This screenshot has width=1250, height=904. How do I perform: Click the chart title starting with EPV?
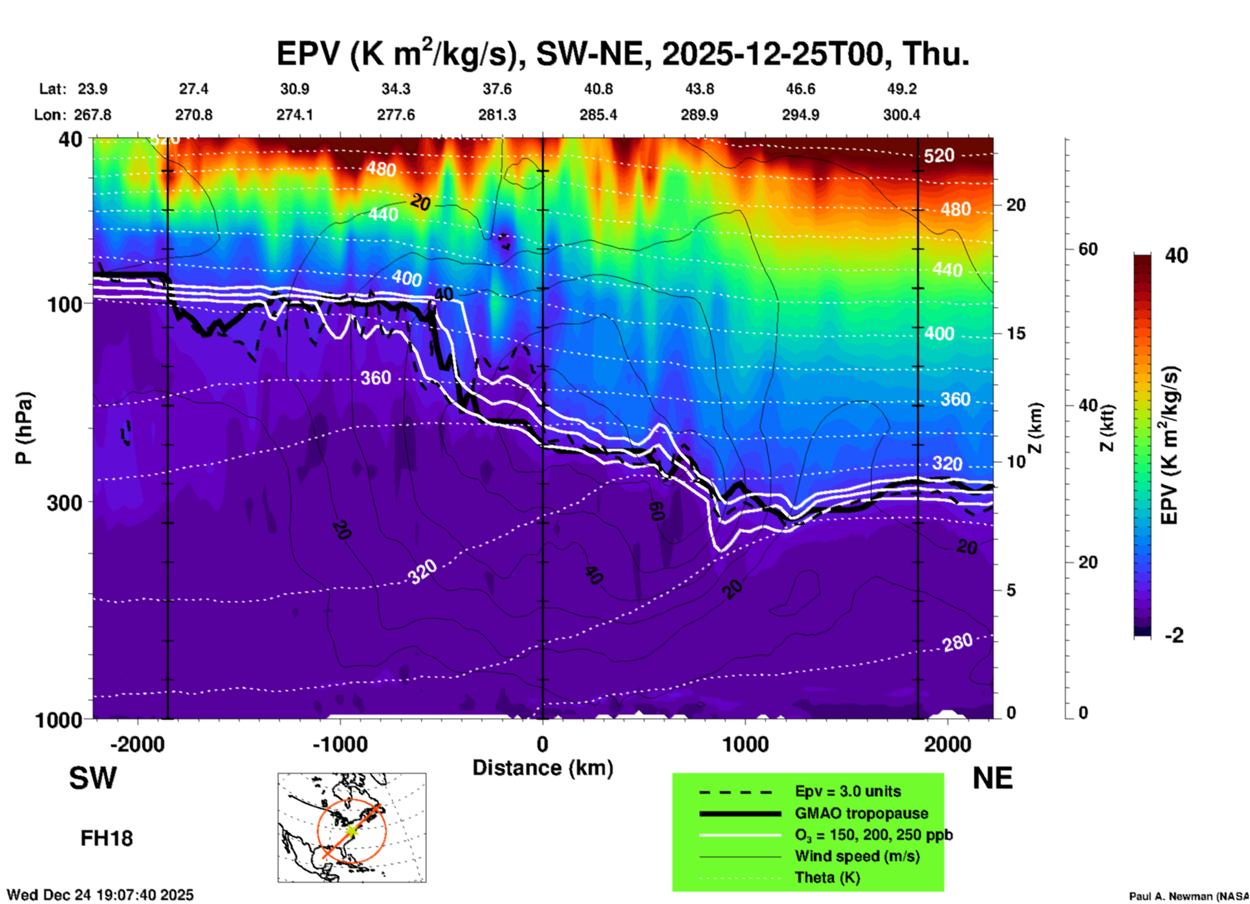tap(623, 53)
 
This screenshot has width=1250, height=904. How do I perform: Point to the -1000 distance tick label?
tap(340, 744)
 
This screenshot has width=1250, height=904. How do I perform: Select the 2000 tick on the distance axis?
tap(948, 744)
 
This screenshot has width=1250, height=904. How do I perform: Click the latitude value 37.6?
tap(496, 89)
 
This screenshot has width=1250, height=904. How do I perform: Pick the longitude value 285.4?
tap(598, 115)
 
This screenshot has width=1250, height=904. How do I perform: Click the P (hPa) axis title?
tap(24, 428)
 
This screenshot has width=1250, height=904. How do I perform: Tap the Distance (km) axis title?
tap(543, 768)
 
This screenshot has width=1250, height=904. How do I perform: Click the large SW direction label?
tap(93, 778)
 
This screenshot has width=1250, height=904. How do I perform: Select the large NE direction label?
tap(992, 778)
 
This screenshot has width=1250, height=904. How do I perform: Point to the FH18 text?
tap(106, 839)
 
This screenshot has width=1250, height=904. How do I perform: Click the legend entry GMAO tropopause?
tap(861, 813)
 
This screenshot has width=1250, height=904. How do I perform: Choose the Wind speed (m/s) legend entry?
tap(857, 856)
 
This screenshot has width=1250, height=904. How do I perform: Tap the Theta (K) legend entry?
tap(827, 877)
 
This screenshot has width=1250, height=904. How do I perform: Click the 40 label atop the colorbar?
tap(1176, 256)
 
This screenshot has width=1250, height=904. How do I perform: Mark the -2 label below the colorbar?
tap(1174, 636)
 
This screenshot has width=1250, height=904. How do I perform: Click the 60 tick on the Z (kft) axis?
tap(1088, 249)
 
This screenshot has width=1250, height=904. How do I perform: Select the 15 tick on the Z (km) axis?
tap(1016, 333)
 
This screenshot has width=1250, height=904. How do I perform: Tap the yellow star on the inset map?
tap(351, 830)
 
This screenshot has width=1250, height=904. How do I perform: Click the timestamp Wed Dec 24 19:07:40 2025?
tap(100, 895)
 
